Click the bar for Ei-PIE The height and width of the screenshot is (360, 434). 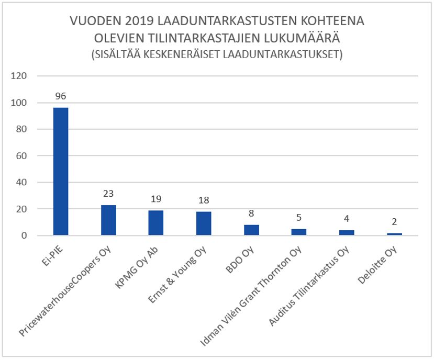[61, 172]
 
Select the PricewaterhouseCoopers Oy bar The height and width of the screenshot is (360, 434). [108, 220]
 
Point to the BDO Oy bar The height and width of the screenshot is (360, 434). [251, 230]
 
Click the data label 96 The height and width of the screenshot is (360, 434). [61, 97]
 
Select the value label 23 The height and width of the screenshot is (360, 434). [108, 194]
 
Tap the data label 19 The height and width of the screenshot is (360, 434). [156, 199]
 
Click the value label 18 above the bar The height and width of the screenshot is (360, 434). [204, 201]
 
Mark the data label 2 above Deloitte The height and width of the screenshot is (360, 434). [394, 222]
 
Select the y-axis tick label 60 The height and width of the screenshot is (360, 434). [21, 156]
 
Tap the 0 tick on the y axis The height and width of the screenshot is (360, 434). [24, 236]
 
